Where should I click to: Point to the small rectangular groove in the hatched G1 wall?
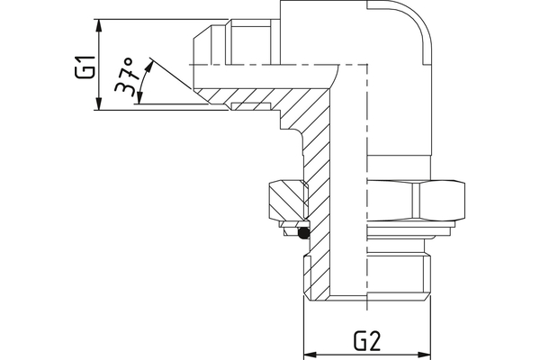pos(240,107)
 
